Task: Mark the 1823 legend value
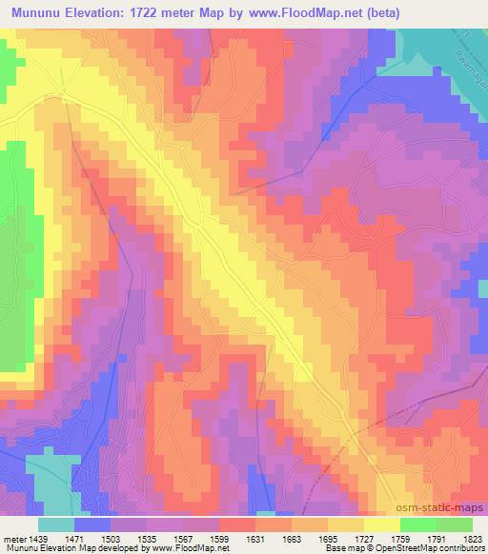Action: (471, 539)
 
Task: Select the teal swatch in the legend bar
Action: (56, 524)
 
